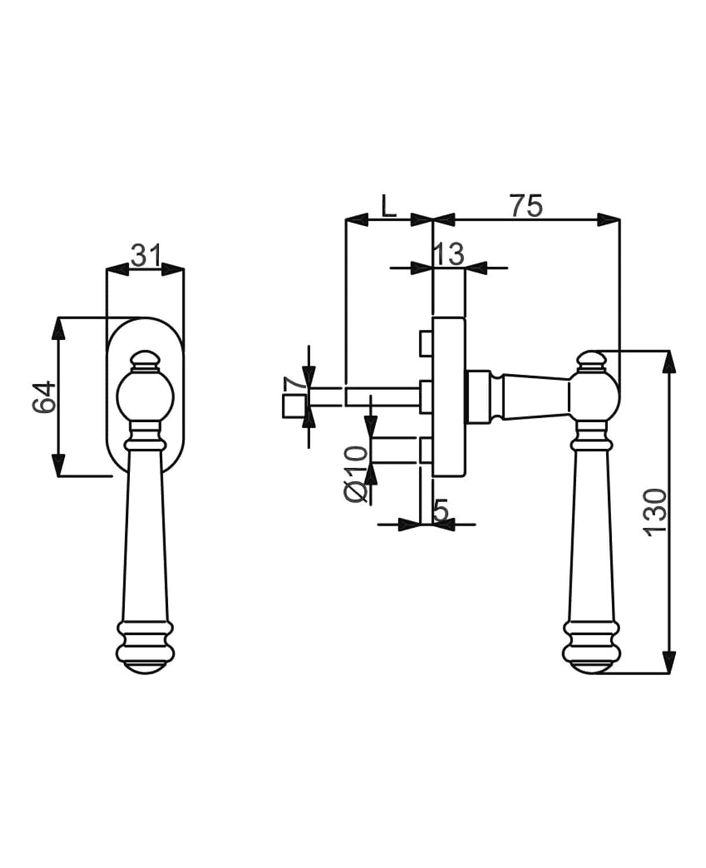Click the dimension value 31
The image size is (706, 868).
146,256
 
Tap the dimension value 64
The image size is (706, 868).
44,397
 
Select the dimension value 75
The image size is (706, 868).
527,206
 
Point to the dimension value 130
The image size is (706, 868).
656,513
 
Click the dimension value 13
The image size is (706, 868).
448,254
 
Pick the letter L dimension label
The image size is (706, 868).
388,206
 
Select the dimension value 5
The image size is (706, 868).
441,510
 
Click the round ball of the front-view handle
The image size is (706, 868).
145,398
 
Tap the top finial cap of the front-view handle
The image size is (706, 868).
145,359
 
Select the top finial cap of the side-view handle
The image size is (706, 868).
591,361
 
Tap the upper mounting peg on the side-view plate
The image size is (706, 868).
426,344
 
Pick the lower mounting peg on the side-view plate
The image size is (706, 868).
426,450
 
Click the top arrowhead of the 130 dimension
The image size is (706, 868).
670,362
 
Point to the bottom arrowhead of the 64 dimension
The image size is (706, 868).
58,465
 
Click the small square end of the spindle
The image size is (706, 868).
295,406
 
